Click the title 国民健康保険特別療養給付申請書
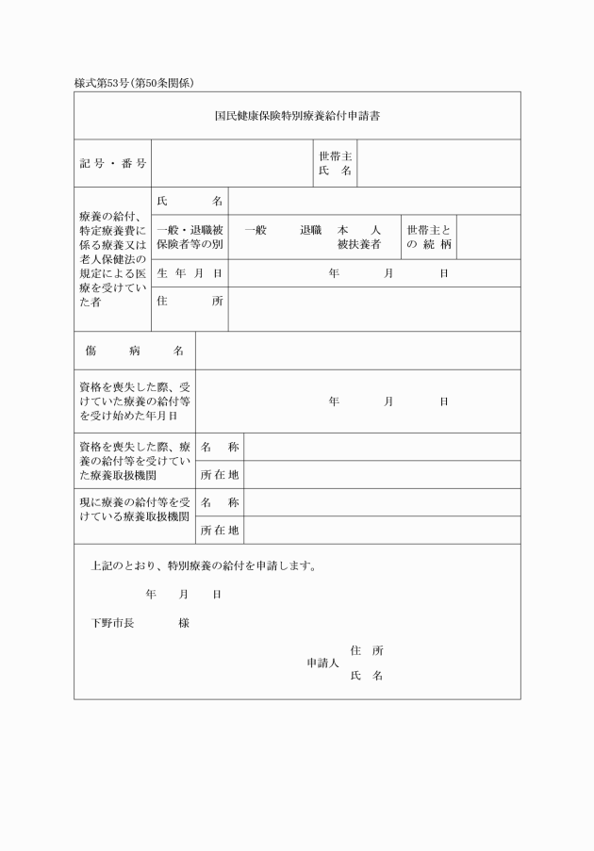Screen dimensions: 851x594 [x=297, y=117]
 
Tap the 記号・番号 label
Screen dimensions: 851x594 [x=112, y=164]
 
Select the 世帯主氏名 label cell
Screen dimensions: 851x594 [x=336, y=163]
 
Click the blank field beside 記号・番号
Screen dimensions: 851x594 [x=232, y=164]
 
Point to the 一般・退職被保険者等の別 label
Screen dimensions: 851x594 [x=190, y=237]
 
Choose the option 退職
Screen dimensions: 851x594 [x=311, y=230]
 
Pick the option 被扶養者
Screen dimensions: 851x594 [x=359, y=244]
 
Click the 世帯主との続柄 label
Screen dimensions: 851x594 [x=429, y=237]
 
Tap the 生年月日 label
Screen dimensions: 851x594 [x=190, y=273]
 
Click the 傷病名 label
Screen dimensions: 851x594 [x=134, y=351]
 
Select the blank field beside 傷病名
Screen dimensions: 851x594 [x=357, y=351]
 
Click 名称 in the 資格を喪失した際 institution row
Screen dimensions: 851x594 [x=220, y=447]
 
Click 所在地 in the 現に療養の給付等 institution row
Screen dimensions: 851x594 [x=220, y=531]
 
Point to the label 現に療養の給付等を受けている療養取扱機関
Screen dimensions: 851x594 [x=135, y=510]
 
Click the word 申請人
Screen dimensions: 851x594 [x=322, y=663]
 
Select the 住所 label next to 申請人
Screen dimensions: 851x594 [x=366, y=650]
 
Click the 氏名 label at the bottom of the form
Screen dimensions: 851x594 [x=366, y=676]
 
